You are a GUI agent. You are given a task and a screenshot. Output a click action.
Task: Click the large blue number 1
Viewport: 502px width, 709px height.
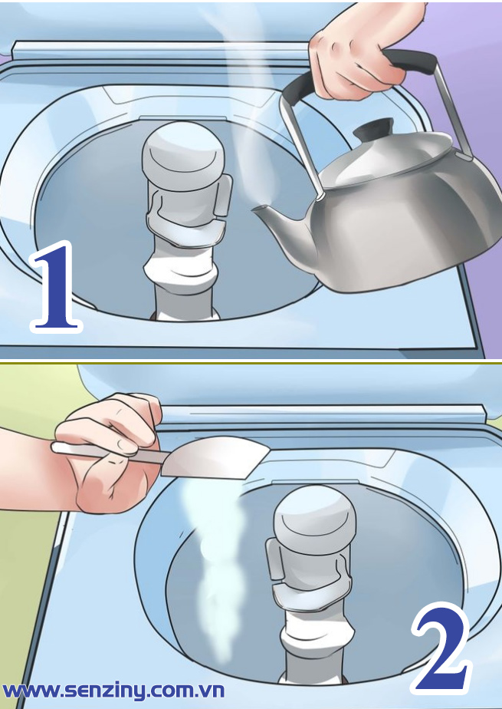pos(56,287)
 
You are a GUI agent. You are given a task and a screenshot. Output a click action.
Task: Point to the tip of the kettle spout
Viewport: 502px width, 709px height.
pos(254,209)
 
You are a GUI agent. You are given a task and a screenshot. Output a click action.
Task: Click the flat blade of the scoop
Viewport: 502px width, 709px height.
pos(215,457)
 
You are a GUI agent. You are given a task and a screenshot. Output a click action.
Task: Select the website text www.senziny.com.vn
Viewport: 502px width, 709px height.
pos(113,691)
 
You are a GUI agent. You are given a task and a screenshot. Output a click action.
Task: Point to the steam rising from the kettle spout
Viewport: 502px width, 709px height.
pos(253,113)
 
